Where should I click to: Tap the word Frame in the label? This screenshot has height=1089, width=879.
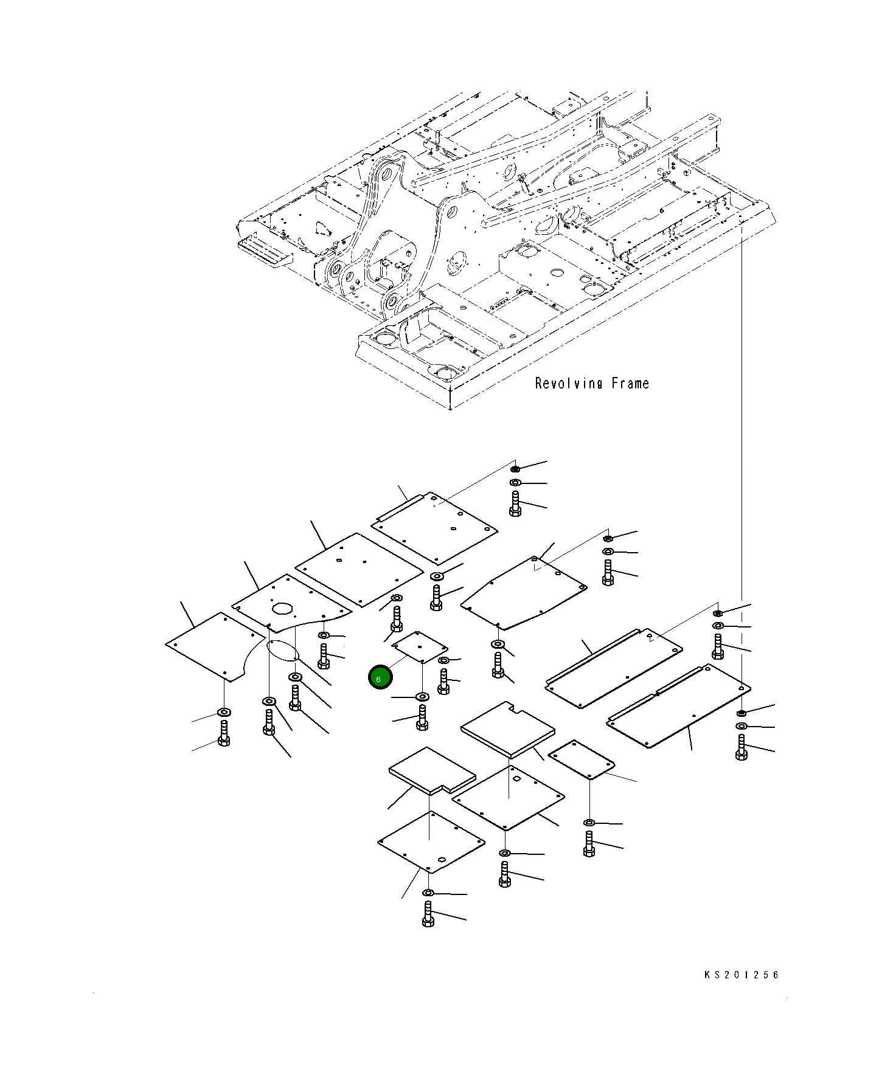click(630, 383)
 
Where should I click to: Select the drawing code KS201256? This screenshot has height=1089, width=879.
click(742, 975)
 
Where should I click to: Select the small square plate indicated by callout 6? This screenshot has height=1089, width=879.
click(420, 646)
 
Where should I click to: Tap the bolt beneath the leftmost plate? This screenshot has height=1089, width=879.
click(224, 733)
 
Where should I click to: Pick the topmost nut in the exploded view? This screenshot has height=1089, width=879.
click(515, 469)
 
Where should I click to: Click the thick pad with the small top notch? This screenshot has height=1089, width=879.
click(508, 730)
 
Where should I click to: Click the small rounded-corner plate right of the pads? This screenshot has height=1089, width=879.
click(582, 759)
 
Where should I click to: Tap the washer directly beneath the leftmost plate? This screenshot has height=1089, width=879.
click(224, 711)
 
